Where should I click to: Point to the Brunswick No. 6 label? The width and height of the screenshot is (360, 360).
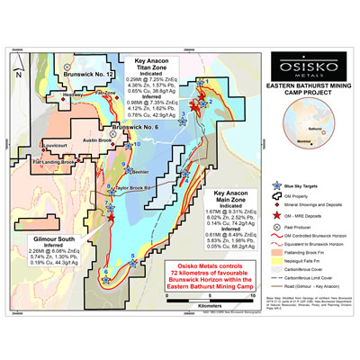click(x=132, y=126)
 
